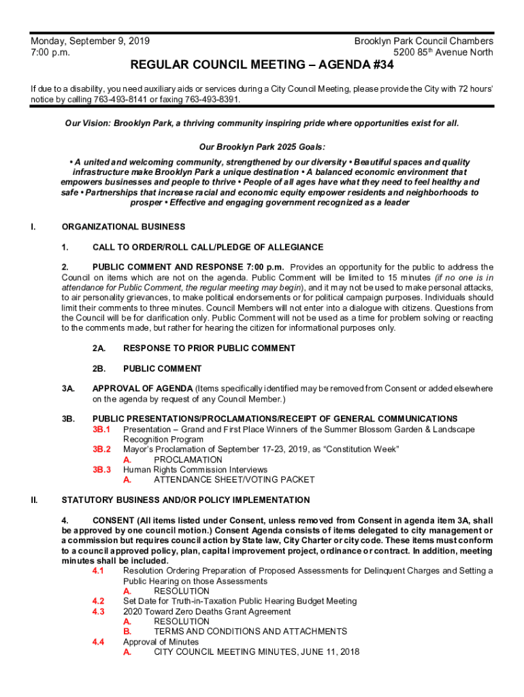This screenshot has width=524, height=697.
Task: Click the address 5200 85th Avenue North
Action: click(x=443, y=52)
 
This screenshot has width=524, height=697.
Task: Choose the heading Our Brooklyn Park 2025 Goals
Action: click(x=262, y=146)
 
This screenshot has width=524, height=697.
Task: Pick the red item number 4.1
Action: click(x=98, y=571)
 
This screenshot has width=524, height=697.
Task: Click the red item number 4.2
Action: click(x=98, y=601)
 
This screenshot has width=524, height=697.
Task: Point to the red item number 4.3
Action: click(x=98, y=611)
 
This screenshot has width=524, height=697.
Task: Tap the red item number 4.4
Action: click(x=98, y=642)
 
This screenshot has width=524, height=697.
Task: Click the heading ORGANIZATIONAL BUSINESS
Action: click(x=123, y=227)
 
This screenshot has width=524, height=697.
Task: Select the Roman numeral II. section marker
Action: click(x=34, y=500)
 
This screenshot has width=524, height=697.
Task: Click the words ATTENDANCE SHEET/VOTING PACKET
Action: click(x=234, y=480)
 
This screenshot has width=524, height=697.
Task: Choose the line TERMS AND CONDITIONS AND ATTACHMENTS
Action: click(x=250, y=632)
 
